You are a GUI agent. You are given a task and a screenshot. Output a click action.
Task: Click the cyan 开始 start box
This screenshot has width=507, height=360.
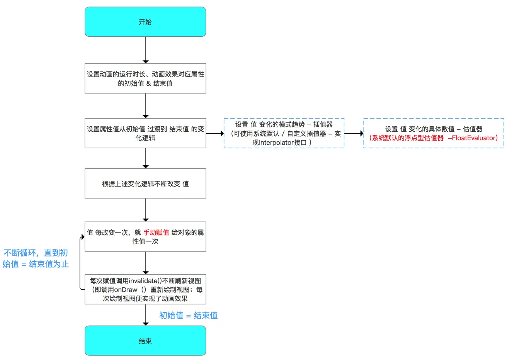click(x=145, y=22)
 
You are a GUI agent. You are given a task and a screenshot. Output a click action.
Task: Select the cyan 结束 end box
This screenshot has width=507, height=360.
click(x=145, y=340)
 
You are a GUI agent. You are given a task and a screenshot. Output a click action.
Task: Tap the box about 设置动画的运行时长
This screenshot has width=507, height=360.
click(x=145, y=78)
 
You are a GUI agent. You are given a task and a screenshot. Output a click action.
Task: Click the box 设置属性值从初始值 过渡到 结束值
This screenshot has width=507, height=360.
click(x=145, y=133)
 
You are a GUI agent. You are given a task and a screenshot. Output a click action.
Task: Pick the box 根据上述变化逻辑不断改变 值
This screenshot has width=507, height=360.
click(x=145, y=183)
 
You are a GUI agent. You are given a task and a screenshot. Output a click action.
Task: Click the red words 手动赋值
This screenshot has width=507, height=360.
click(x=156, y=233)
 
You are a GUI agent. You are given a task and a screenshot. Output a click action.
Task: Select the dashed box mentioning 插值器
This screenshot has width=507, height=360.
click(x=284, y=133)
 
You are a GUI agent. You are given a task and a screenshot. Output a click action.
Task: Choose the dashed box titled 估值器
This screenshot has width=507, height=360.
click(x=434, y=133)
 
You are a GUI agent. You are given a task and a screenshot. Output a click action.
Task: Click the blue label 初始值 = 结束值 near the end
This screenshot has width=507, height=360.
click(x=188, y=316)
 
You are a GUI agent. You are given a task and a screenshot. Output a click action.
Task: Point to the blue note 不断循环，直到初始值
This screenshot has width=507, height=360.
click(x=36, y=258)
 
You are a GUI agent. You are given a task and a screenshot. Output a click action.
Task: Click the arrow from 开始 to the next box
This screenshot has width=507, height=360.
click(x=145, y=50)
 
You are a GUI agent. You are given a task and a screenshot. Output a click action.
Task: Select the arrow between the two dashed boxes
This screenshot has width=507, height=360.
click(x=354, y=133)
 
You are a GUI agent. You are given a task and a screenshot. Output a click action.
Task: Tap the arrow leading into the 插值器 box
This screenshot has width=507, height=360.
click(x=215, y=133)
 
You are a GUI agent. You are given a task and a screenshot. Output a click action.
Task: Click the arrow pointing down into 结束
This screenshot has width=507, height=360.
click(x=145, y=315)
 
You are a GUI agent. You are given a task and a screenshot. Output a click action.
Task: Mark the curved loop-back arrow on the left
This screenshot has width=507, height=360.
click(x=80, y=263)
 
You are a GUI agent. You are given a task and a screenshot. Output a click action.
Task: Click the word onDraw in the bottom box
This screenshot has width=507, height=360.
click(x=126, y=290)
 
